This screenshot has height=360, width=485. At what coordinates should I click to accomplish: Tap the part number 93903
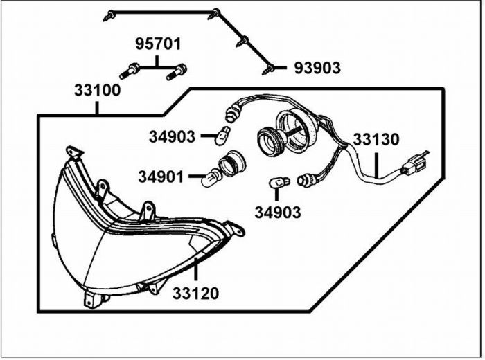click(317, 68)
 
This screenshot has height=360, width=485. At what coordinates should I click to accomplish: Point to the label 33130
click(376, 139)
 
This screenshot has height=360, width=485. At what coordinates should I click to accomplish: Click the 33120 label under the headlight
click(195, 293)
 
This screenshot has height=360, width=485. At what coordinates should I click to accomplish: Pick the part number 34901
click(161, 178)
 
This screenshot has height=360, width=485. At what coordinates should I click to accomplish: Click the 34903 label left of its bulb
click(172, 136)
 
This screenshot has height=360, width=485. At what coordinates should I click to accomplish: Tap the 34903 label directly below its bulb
click(277, 212)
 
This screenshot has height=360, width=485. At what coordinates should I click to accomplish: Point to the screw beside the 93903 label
click(270, 69)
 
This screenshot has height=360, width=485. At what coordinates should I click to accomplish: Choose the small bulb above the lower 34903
click(277, 183)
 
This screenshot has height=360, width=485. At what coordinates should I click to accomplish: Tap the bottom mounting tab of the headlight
click(89, 298)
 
